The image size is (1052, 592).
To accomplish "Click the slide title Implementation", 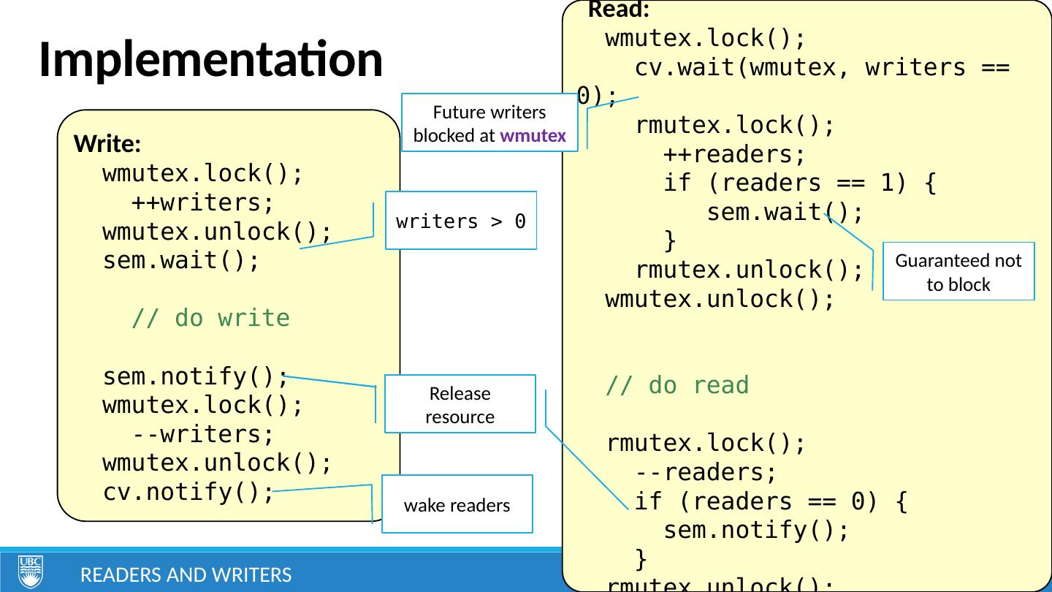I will tap(210, 59).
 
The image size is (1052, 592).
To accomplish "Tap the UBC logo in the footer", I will tap(31, 572).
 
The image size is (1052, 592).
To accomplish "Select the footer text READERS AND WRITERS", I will tap(186, 576).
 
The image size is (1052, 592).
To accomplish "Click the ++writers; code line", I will tap(202, 202).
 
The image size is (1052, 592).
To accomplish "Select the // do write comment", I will tap(210, 319).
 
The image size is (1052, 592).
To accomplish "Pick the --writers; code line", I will tap(202, 434).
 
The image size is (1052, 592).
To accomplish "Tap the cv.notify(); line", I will tap(188, 492).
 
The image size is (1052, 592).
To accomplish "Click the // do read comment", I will tap(677, 385).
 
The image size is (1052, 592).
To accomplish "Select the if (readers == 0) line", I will tap(771, 501).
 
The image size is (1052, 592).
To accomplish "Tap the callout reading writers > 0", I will tap(461, 221).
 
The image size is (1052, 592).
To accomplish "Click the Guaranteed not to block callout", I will tap(958, 271).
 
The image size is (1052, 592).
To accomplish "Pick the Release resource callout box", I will tap(460, 404).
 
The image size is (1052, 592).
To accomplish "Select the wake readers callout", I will tap(457, 504).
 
